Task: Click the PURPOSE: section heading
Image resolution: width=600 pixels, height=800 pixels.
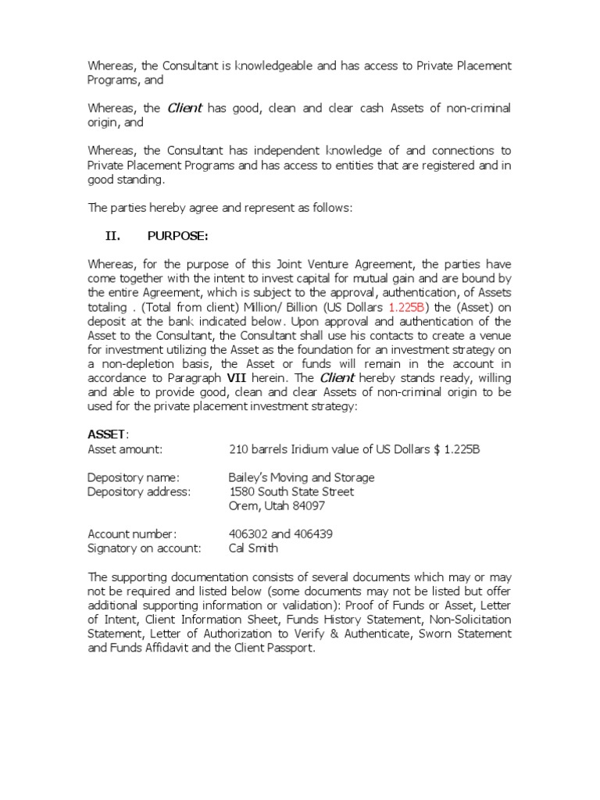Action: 177,237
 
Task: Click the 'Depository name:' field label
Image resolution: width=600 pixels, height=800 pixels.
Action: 134,477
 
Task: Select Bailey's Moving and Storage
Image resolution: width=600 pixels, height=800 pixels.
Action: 301,477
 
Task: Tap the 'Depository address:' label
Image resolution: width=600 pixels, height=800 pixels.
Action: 138,491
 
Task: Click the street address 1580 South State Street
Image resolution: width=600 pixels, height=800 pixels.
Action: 291,491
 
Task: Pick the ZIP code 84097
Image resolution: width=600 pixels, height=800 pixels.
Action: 309,505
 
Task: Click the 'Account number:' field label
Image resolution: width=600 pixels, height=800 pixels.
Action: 132,534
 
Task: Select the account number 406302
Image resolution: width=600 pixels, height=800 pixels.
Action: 248,534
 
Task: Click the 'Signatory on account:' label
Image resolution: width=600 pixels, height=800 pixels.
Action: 145,548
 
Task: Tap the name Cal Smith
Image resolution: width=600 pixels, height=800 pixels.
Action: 253,548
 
